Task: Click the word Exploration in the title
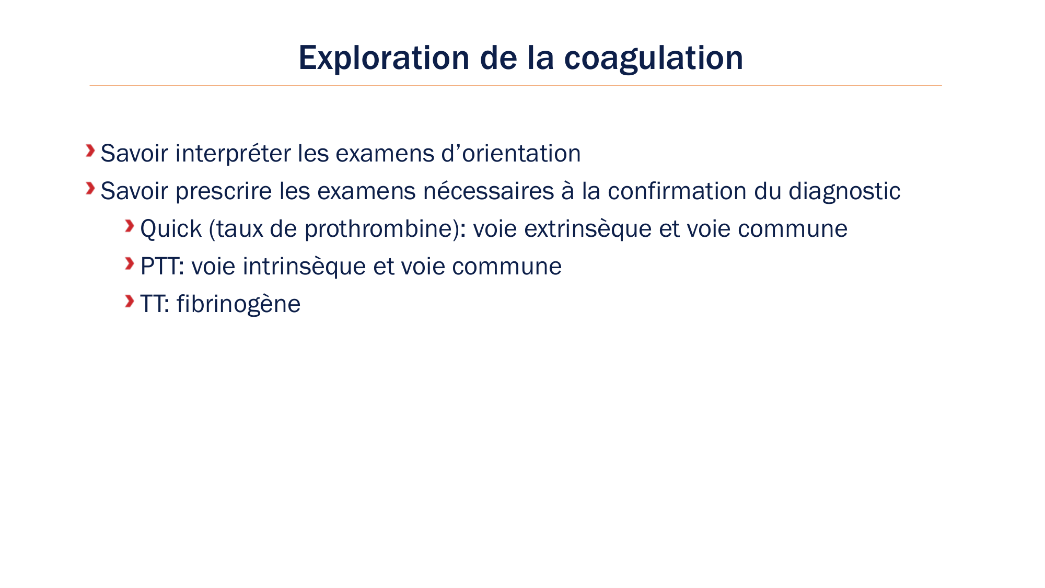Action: coord(384,57)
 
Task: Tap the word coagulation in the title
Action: coord(653,59)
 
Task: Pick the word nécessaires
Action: coord(489,191)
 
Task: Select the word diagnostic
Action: coord(844,191)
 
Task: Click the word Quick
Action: coord(171,229)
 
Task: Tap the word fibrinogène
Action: coord(238,304)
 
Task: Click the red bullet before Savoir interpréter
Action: coord(90,151)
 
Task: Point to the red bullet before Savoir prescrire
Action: coord(90,188)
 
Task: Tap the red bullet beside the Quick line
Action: coord(130,226)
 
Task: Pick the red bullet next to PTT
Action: coord(130,263)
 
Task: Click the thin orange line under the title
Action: coord(516,85)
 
